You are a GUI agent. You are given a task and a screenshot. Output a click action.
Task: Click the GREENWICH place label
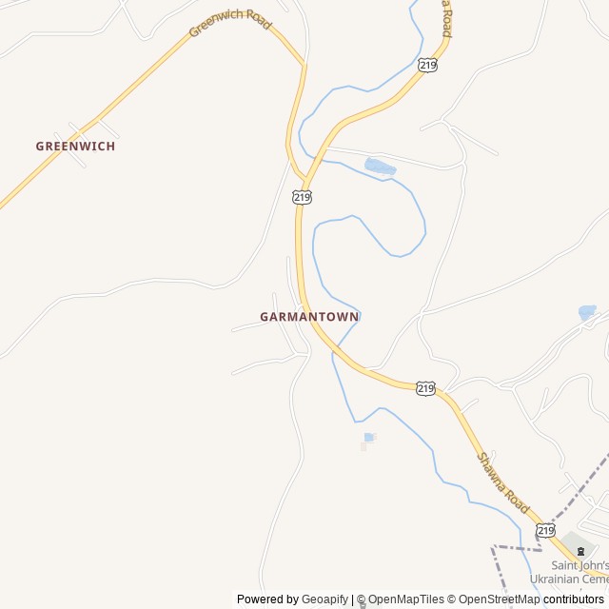[x=75, y=147]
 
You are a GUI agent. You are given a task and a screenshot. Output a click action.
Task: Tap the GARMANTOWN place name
[x=309, y=316]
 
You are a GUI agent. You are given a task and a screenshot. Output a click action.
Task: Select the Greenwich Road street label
[x=230, y=22]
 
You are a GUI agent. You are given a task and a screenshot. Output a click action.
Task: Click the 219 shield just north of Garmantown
[x=302, y=197]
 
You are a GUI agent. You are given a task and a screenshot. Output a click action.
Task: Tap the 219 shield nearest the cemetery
[x=545, y=530]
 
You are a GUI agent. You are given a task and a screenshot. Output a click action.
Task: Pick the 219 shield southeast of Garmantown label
[x=425, y=387]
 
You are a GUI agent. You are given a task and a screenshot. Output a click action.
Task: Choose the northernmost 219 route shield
[x=427, y=65]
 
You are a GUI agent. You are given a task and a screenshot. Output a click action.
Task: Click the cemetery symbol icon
[x=581, y=551]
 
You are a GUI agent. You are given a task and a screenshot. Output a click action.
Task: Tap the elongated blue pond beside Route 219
[x=380, y=167]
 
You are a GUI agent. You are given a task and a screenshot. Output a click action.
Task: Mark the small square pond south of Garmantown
[x=368, y=438]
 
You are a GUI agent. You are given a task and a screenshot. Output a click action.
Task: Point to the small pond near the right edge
[x=586, y=311]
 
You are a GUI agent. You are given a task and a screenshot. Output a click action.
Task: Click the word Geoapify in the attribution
[x=324, y=599]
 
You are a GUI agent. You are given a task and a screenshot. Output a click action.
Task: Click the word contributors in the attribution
[x=574, y=599]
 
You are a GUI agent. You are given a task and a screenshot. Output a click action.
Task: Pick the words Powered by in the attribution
[x=267, y=599]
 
